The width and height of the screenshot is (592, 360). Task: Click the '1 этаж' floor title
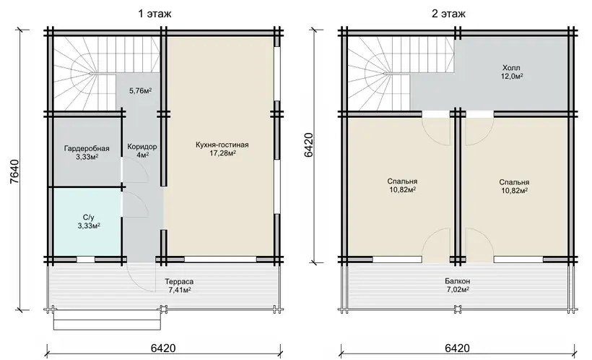coord(154,14)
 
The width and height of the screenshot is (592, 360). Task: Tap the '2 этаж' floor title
coord(448,14)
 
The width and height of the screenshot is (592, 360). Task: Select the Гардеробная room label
coord(87,149)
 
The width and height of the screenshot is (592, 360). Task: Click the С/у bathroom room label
coord(88,218)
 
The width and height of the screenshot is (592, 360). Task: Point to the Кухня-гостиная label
coord(222,145)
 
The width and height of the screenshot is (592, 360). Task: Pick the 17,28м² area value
coord(223,153)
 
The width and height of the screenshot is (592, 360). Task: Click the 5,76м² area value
coord(141,91)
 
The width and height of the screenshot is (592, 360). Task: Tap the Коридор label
coord(142,147)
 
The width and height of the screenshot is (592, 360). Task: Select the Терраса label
coord(179,282)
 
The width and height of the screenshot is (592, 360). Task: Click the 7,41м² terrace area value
coord(179,290)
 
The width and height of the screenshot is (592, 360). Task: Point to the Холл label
coord(511,68)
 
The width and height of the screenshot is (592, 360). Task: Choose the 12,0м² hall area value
coord(512,77)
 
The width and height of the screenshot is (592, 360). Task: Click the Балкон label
coord(457,282)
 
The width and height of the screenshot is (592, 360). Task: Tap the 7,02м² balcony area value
coord(457,290)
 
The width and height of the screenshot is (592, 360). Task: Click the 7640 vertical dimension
coord(14,171)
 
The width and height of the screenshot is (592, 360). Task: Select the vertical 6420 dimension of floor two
coord(308,145)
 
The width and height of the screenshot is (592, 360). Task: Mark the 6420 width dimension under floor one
coord(163,348)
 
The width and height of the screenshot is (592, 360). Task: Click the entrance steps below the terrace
coord(110,320)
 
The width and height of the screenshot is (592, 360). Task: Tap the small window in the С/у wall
coord(86,260)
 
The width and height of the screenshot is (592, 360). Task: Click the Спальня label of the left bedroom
coord(402,182)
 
